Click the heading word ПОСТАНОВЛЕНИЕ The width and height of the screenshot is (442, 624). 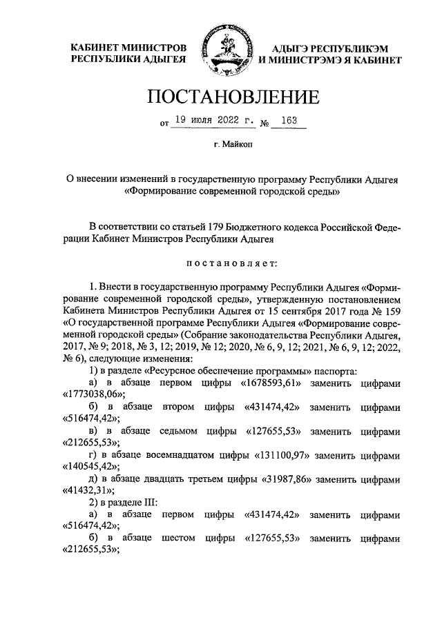point(220,96)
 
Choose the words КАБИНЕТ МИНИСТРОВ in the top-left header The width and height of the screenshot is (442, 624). point(128,48)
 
